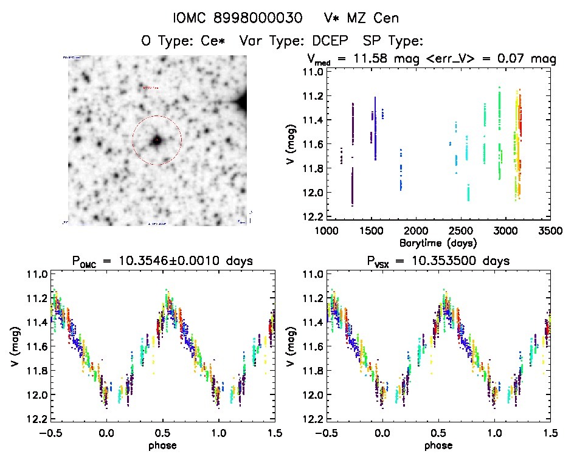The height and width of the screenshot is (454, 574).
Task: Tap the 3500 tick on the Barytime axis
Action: point(550,231)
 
